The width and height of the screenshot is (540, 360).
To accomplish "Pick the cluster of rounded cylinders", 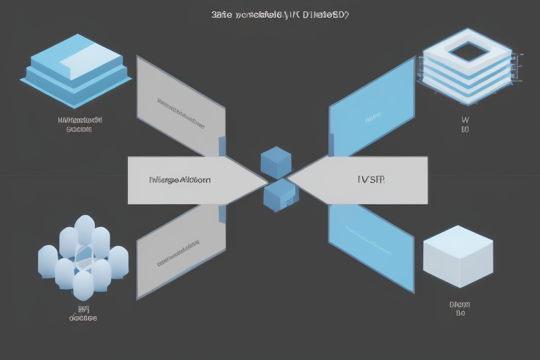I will click(x=83, y=256).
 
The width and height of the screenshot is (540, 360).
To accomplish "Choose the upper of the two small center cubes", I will click(x=276, y=162).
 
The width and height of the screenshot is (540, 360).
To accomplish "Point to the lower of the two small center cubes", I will click(x=280, y=195).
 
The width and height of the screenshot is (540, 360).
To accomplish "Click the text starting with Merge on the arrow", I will click(x=180, y=180).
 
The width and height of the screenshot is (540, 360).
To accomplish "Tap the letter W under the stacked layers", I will click(x=465, y=120).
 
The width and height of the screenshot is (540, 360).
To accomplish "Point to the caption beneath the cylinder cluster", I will click(x=83, y=313).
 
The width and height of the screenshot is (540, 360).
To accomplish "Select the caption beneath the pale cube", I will click(x=460, y=309).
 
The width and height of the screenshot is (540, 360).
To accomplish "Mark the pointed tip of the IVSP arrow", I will click(x=287, y=180).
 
